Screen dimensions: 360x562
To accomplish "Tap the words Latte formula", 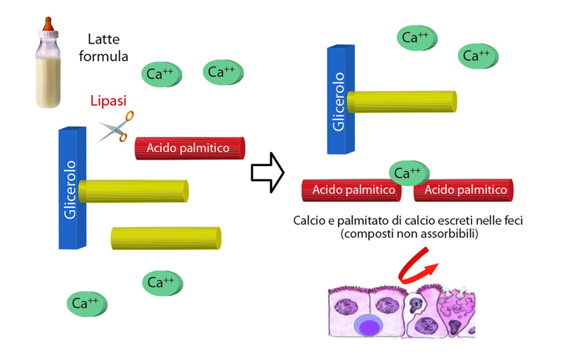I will (x=108, y=48).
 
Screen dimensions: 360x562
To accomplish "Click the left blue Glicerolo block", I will (x=70, y=188).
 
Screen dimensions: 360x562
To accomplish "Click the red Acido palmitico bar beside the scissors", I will (x=190, y=148).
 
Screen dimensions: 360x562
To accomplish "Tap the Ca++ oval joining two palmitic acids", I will (x=407, y=172).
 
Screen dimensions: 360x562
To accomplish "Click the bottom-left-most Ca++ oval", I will (x=87, y=304).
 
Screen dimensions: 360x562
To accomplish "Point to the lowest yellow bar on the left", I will (x=166, y=238).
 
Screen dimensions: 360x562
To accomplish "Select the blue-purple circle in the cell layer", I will (x=368, y=326).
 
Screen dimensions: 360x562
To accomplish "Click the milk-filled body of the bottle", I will (x=48, y=76).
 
